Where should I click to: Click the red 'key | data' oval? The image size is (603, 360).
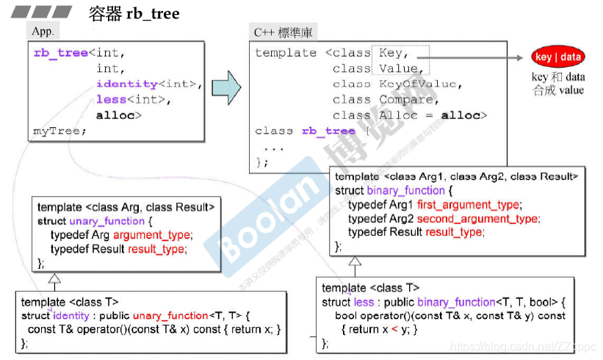[x=558, y=57]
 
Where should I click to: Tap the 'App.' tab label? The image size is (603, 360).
[x=43, y=32]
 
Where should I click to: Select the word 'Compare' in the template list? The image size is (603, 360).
[x=406, y=100]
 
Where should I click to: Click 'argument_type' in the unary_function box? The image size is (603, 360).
[x=151, y=235]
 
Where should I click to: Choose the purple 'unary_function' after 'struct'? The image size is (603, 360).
[x=106, y=221]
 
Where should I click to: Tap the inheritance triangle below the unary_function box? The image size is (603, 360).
[x=54, y=280]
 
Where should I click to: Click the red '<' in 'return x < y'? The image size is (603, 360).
[x=394, y=329]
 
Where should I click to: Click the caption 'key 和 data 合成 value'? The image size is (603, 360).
[x=558, y=83]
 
